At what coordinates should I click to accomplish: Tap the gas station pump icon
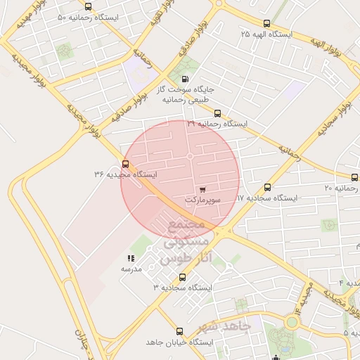[185, 79]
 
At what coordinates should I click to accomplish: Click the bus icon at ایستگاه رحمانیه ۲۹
[217, 112]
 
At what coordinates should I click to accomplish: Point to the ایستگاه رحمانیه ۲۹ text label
[217, 124]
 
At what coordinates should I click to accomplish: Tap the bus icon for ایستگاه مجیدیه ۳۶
[125, 164]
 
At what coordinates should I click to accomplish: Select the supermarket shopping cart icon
[202, 189]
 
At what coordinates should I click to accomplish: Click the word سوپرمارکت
[202, 200]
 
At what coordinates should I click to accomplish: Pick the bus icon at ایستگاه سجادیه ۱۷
[267, 188]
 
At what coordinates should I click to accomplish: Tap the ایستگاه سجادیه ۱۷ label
[267, 198]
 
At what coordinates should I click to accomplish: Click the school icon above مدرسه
[131, 259]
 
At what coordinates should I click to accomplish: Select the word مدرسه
[131, 269]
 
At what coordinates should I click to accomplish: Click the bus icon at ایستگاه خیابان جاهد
[179, 331]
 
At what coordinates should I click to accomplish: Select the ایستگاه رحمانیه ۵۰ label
[98, 16]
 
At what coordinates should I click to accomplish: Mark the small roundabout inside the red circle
[190, 156]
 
